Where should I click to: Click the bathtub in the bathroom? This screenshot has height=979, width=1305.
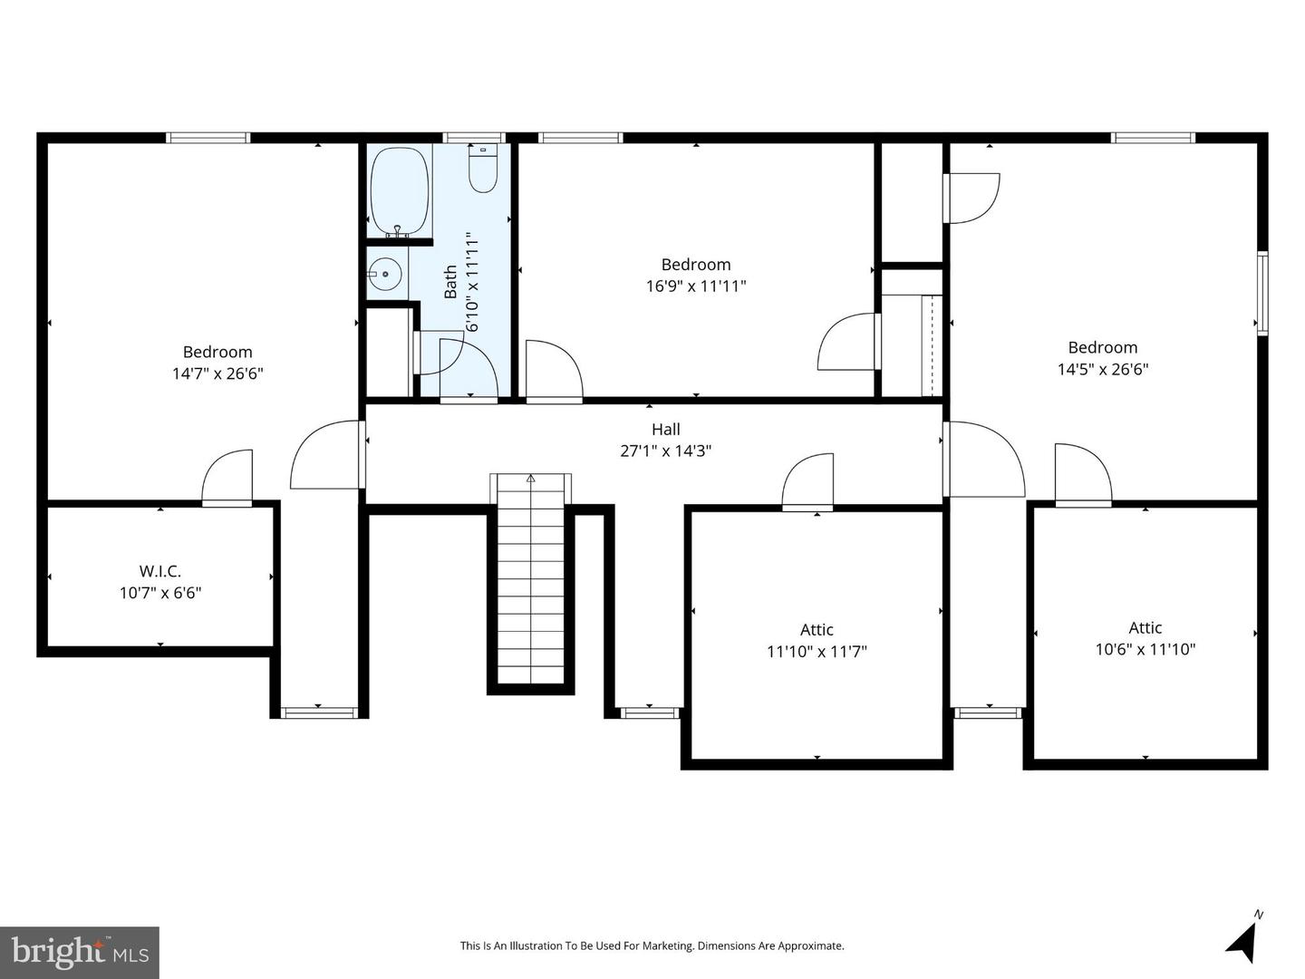pos(400,192)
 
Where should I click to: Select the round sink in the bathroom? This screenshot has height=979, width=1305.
pos(384,274)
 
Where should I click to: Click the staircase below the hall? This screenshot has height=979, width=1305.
pos(530,578)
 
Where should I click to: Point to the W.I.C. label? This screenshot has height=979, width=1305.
pos(159,571)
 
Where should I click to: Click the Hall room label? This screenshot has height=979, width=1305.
pos(666,429)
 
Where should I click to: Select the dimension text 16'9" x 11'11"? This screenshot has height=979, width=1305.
pos(696,286)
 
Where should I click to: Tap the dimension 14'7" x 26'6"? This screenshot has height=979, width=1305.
pos(217,373)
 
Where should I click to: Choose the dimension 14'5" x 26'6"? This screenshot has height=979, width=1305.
pos(1103,369)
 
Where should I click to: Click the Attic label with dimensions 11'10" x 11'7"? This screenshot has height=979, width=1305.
pos(817,629)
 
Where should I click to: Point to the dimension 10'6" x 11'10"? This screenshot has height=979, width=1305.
pos(1145,649)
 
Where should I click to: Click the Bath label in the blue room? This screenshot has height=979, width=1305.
pos(450,282)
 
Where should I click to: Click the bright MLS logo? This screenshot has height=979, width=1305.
pos(80,952)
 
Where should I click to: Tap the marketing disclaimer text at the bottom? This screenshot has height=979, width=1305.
pos(652,945)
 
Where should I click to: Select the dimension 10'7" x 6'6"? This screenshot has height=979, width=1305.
pos(160,593)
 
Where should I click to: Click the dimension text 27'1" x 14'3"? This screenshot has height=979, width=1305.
pos(666,451)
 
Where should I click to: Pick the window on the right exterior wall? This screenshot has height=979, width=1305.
pos(1262,294)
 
